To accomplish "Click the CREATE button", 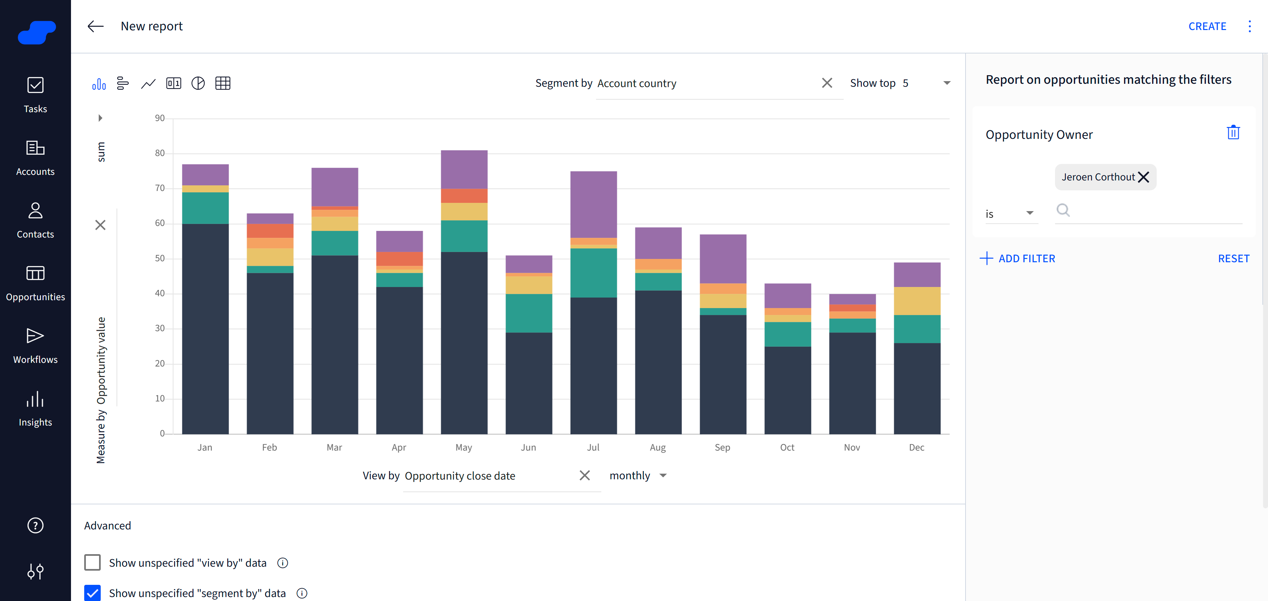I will [x=1207, y=27].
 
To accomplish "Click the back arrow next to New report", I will [x=95, y=27].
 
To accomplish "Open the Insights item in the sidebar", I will [x=35, y=409].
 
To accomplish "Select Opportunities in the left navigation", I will [x=35, y=284].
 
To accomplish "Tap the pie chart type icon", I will [x=198, y=83].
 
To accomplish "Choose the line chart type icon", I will [x=148, y=83].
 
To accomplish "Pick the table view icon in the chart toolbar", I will [x=223, y=83].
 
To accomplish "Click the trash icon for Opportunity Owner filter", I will [x=1233, y=133].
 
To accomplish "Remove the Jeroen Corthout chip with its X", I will [x=1144, y=177].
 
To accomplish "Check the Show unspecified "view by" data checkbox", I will [x=92, y=562].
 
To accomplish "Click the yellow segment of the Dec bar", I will [x=917, y=300].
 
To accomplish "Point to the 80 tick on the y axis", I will [x=159, y=153].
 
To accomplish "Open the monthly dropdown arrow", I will [x=663, y=476].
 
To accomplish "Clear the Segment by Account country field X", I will [x=827, y=83].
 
